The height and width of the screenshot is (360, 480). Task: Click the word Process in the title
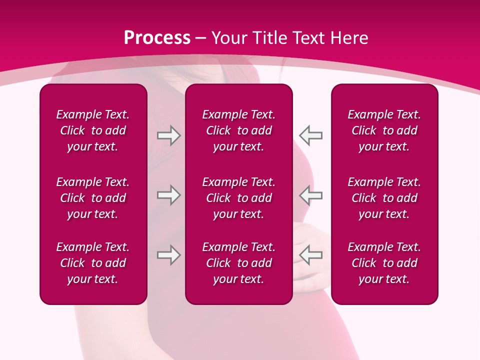(157, 38)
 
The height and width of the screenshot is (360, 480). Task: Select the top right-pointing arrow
(169, 135)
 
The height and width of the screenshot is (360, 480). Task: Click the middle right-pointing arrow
(169, 195)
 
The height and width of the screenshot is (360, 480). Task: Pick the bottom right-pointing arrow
(169, 255)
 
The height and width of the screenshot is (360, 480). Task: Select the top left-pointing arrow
(310, 135)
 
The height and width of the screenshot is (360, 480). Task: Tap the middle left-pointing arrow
(310, 195)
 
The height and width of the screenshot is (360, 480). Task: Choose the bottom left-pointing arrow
(310, 255)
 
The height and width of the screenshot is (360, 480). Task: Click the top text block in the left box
(93, 130)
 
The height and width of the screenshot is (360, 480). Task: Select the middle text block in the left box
(93, 198)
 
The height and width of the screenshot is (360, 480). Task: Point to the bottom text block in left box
(93, 263)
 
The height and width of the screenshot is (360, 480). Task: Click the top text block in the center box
(238, 130)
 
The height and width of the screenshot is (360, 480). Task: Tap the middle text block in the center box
(238, 198)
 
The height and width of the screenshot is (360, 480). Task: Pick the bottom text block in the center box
(238, 263)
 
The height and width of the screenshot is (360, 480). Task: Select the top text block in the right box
(384, 130)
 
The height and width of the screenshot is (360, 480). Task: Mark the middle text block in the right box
(384, 198)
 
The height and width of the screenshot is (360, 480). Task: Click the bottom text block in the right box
(384, 263)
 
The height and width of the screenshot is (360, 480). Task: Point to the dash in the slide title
(200, 38)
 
